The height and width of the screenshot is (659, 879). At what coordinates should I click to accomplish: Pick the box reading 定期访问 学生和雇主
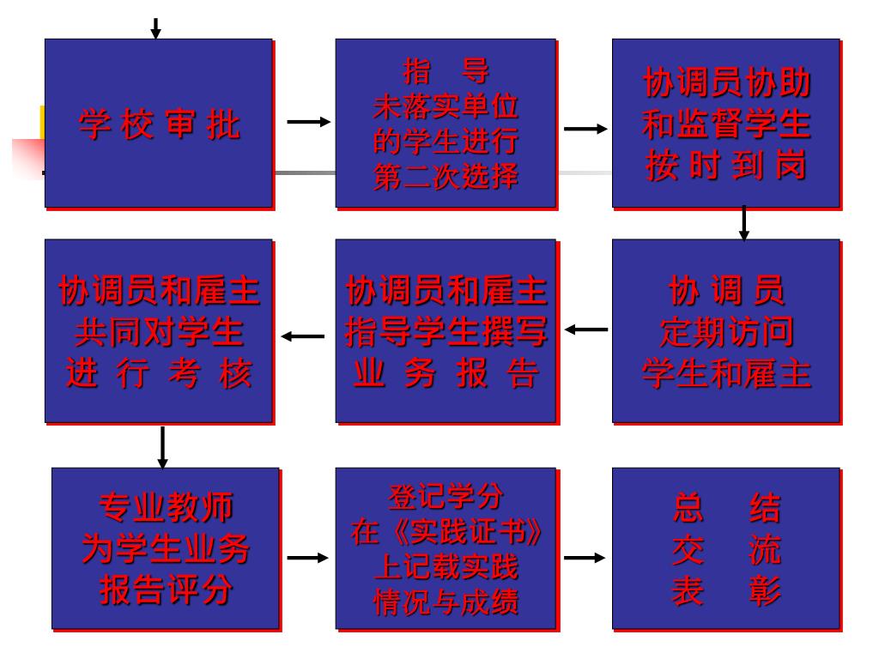point(725,330)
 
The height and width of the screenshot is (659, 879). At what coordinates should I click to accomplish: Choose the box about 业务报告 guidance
point(446,330)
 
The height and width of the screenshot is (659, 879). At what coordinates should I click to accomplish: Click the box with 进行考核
point(159,330)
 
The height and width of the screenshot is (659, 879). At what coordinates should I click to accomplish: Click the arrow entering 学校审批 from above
point(155,28)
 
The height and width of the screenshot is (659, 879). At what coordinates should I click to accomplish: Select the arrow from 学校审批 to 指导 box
point(308,123)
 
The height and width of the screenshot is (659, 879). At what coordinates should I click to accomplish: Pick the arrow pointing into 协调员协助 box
point(585,129)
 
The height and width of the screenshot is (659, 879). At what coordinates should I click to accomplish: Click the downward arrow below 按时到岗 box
point(744,222)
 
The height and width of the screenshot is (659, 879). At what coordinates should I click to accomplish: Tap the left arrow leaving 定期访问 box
point(586,329)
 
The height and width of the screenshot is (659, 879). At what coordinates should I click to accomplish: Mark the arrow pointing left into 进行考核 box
point(303,336)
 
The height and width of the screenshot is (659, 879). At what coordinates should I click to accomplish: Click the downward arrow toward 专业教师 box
point(162,447)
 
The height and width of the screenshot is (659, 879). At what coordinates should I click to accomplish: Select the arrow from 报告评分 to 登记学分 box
point(307,558)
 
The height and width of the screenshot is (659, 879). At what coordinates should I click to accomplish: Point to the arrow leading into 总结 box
point(585,558)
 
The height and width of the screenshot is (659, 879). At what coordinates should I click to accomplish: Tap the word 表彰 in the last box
point(725,591)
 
